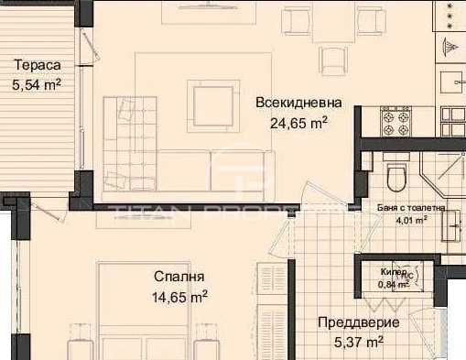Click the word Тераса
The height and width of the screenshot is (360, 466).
click(37, 66)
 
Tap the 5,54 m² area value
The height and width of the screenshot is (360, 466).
click(37, 85)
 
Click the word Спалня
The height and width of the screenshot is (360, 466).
click(179, 276)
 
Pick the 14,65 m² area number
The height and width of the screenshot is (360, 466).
click(179, 296)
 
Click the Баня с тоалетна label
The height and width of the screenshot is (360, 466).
click(411, 208)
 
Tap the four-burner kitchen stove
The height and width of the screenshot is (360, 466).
click(396, 116)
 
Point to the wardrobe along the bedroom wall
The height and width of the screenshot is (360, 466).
click(273, 311)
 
